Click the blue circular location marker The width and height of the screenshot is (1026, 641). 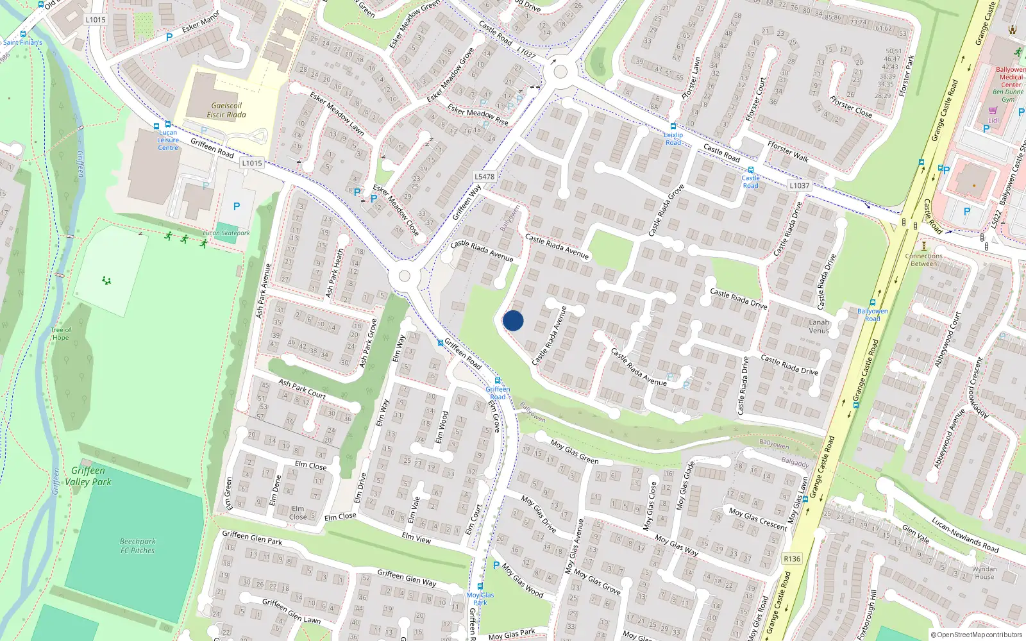point(513,320)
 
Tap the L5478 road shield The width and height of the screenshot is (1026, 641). point(484,176)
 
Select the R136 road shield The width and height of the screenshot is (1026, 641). point(792,559)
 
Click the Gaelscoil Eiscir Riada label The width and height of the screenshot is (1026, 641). point(226,110)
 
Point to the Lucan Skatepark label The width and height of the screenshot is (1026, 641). point(226,233)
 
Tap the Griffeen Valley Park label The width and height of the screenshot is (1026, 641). point(88,476)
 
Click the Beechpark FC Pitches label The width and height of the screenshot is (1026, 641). point(137,546)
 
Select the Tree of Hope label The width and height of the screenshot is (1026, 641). point(60,334)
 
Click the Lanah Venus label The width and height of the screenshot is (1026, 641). point(819,327)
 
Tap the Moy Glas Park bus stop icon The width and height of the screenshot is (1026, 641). point(480,587)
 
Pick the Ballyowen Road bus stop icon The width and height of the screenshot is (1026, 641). point(872,303)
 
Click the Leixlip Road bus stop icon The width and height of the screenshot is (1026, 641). point(673,126)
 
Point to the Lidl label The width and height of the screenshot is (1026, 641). point(993,121)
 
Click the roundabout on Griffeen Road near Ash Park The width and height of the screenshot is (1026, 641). point(404,276)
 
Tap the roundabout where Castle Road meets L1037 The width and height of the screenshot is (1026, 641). point(560,71)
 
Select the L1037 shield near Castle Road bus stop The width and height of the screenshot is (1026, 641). point(799,185)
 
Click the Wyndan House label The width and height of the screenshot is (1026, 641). point(984,572)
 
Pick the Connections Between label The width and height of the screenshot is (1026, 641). point(923,260)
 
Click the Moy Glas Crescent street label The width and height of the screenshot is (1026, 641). point(757,519)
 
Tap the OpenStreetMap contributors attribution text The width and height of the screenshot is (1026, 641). point(977,635)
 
